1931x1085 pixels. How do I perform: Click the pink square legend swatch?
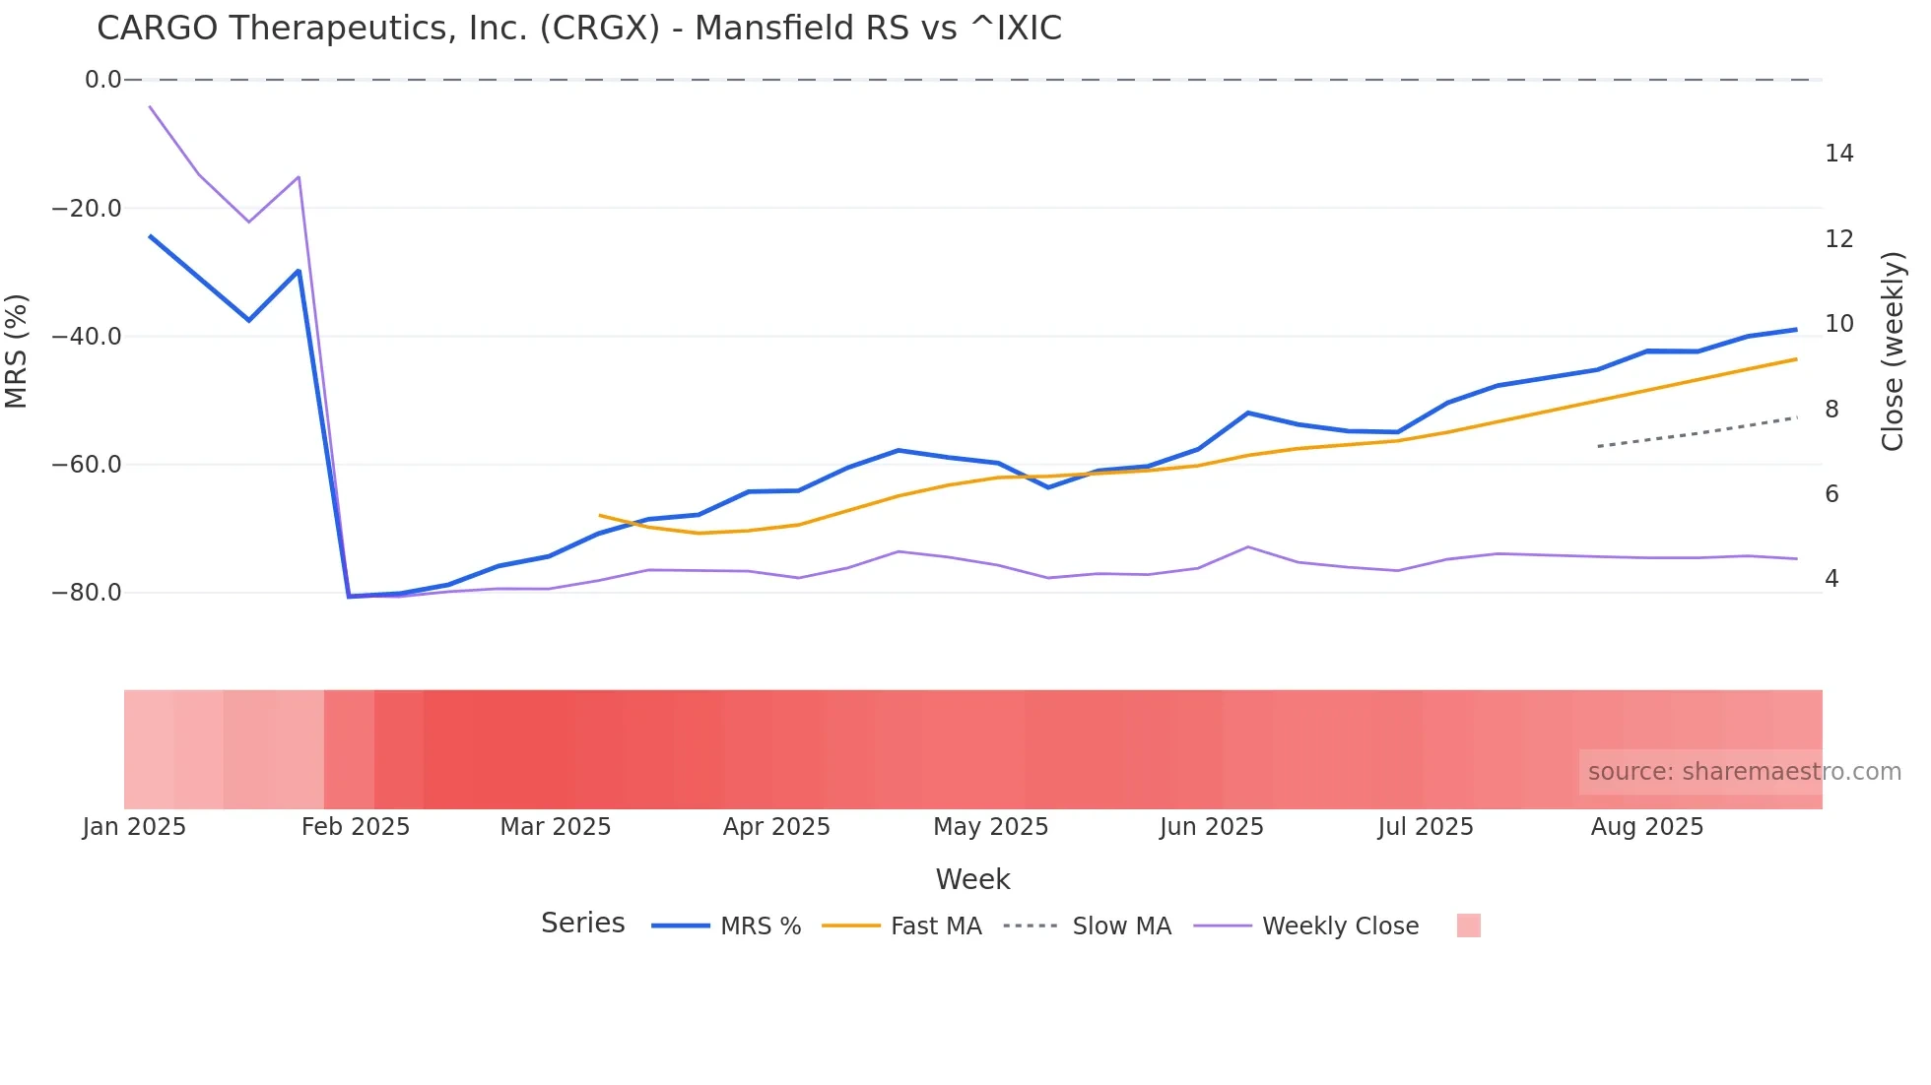[1468, 925]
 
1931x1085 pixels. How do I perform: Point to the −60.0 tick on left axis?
[87, 465]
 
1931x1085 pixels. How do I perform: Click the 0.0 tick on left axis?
[102, 80]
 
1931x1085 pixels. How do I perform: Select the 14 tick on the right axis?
[1838, 154]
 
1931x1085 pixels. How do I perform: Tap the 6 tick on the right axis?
[1831, 494]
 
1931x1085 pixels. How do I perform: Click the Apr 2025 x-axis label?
[776, 827]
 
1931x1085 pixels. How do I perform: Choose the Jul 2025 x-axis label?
[1425, 827]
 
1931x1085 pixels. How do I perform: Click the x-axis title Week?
[972, 879]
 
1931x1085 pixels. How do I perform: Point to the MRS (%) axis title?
[17, 351]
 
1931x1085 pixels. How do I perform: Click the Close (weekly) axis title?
[1892, 351]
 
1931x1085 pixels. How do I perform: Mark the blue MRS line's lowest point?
[349, 596]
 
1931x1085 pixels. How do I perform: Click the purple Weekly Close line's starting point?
[150, 106]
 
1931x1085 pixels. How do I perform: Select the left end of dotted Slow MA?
[1598, 446]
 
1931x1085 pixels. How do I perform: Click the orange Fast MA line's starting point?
[599, 515]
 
